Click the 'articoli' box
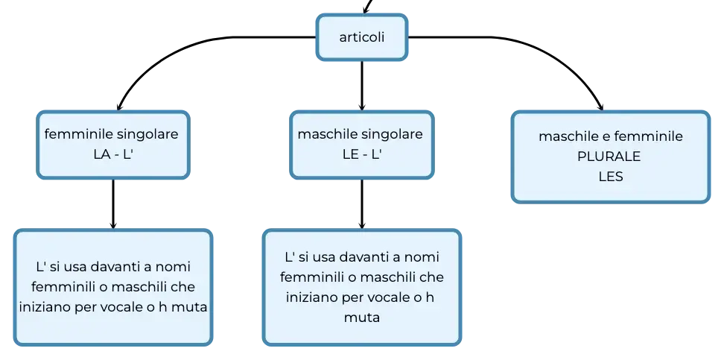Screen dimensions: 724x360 coord(361,37)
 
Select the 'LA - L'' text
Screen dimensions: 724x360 coord(113,154)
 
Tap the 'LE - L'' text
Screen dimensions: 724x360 coord(361,154)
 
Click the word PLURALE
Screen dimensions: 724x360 coord(609,157)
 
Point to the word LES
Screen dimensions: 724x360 coord(611,177)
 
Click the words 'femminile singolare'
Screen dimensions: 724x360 coord(111,134)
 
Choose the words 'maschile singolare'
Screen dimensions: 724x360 coord(361,134)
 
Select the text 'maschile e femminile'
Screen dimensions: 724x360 coord(611,137)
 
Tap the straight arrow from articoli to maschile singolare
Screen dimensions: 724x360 coord(361,86)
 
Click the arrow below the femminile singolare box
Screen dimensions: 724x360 coord(113,203)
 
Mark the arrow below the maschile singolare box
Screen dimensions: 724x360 coord(361,203)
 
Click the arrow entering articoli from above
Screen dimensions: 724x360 coord(367,6)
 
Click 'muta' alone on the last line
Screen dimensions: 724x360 coord(361,318)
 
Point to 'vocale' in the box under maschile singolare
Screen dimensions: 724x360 coord(382,297)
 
